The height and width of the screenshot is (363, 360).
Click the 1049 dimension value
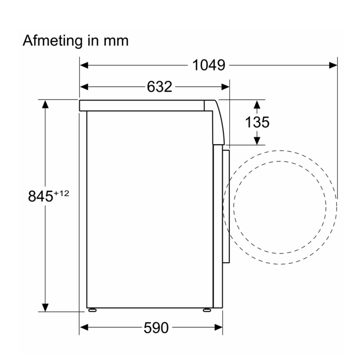209,65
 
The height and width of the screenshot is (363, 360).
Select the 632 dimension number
159,87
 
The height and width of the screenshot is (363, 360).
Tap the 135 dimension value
257,122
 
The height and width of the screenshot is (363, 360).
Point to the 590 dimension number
156,328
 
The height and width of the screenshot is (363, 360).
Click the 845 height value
41,196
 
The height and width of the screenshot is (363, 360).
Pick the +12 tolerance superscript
62,193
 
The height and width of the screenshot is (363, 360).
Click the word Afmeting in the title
53,41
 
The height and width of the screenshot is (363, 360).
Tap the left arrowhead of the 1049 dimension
84,65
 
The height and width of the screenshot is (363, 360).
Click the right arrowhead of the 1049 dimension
333,65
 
